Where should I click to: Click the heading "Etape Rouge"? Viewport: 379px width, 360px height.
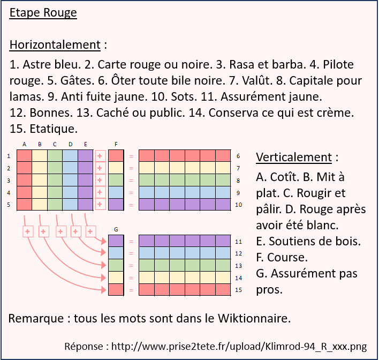pos(43,13)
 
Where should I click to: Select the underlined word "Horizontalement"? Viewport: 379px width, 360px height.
pos(55,44)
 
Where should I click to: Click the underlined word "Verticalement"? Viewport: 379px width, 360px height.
pos(294,157)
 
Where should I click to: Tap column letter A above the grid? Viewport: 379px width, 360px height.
pos(24,144)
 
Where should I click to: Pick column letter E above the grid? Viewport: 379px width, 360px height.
pos(85,144)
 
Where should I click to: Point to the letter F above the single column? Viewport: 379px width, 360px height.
pos(116,144)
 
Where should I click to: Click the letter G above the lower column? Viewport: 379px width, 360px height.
pos(116,230)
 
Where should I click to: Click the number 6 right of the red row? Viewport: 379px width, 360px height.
pos(237,156)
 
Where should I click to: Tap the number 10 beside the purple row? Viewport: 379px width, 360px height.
pos(238,204)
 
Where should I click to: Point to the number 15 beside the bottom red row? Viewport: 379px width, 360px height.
pos(238,290)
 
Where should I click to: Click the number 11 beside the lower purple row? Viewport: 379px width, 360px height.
pos(238,242)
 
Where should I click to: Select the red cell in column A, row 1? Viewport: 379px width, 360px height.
pos(24,156)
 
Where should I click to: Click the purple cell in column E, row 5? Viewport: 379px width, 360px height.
pos(85,204)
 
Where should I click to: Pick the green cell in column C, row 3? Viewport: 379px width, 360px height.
pos(55,180)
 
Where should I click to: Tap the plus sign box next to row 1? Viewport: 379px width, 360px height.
pos(100,156)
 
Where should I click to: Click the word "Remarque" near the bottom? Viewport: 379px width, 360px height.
pos(35,318)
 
